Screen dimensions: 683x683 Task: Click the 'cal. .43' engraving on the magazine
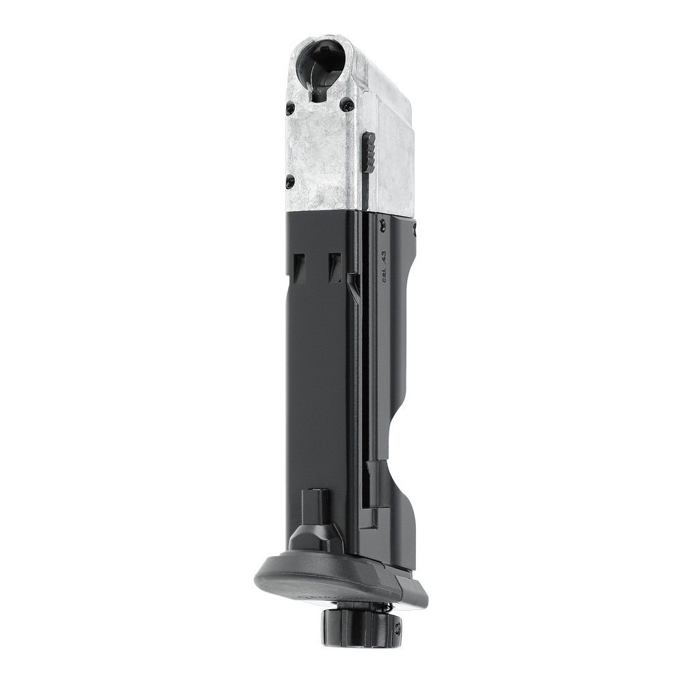click(384, 266)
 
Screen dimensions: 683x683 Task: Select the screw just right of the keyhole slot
click(348, 104)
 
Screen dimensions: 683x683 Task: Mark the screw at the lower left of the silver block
click(290, 181)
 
